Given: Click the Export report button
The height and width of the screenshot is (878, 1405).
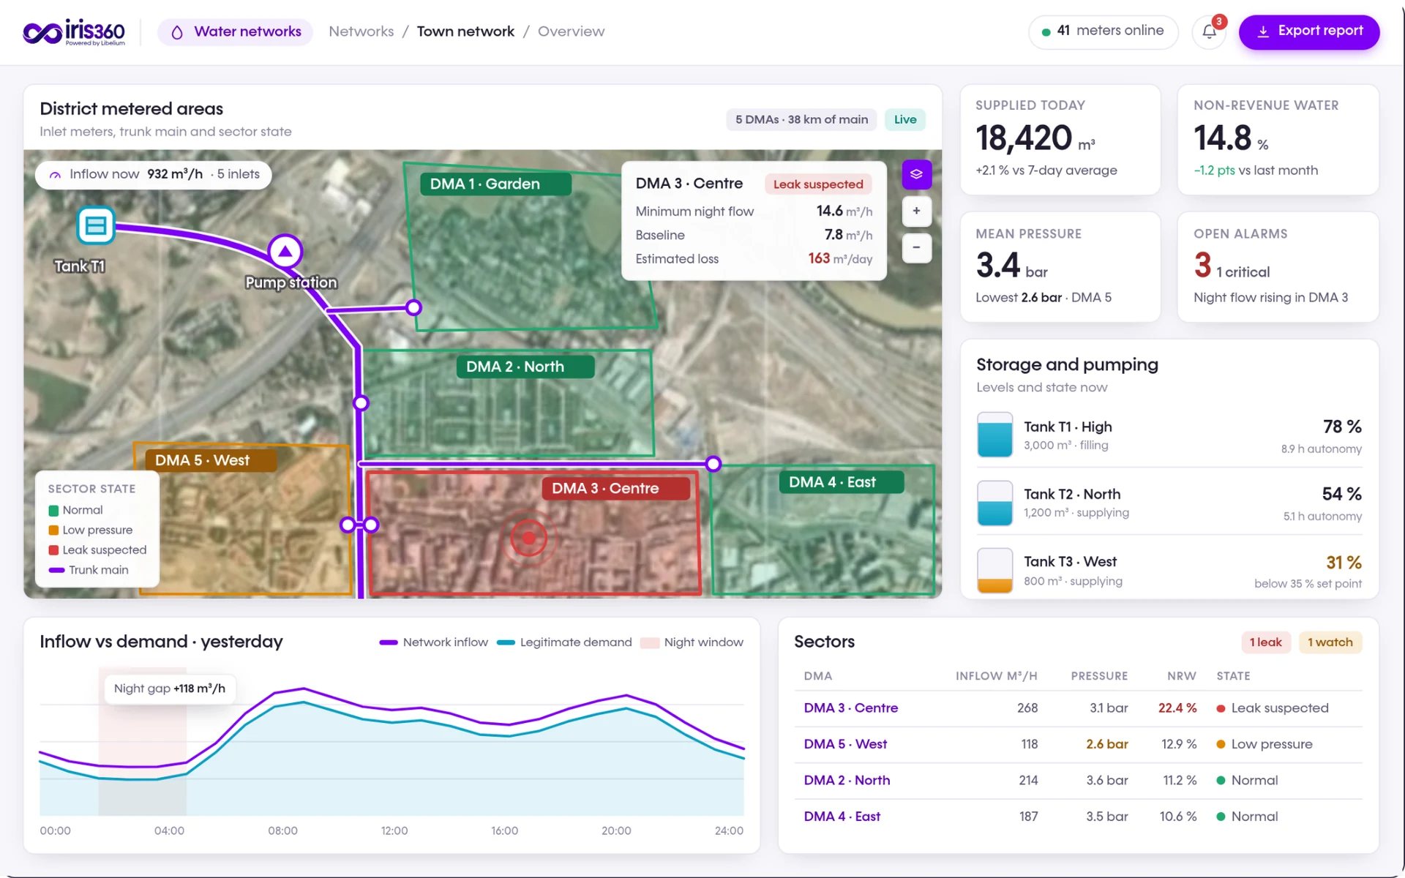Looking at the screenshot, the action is (1308, 31).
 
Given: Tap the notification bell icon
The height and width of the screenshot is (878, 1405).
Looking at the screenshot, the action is (1210, 32).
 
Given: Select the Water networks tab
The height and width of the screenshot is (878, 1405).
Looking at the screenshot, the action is (236, 31).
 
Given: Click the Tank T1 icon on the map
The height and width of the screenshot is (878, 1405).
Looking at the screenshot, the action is (96, 225).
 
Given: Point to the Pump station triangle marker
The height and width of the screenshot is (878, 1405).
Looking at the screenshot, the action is (285, 252).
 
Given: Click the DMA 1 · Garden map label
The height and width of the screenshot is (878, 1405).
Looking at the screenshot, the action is (495, 184).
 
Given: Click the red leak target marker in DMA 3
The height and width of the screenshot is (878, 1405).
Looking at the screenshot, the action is (528, 539).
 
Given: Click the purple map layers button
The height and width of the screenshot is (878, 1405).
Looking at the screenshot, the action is (916, 174).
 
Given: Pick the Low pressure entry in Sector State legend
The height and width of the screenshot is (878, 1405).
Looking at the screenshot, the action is (91, 530).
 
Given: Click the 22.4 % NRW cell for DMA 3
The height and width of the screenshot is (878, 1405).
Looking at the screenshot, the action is (1177, 708).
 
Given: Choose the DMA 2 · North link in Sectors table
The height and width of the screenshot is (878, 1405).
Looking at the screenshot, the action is (847, 780).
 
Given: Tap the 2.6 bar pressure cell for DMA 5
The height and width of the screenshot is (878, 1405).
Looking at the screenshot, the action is (1106, 744).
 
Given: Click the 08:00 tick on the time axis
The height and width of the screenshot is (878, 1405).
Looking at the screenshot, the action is (282, 830).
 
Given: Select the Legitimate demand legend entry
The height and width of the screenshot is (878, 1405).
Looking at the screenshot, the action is (564, 642).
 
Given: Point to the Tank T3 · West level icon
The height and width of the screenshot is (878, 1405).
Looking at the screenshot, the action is (994, 570).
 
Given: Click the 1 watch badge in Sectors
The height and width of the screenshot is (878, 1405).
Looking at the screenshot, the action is (1330, 642).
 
